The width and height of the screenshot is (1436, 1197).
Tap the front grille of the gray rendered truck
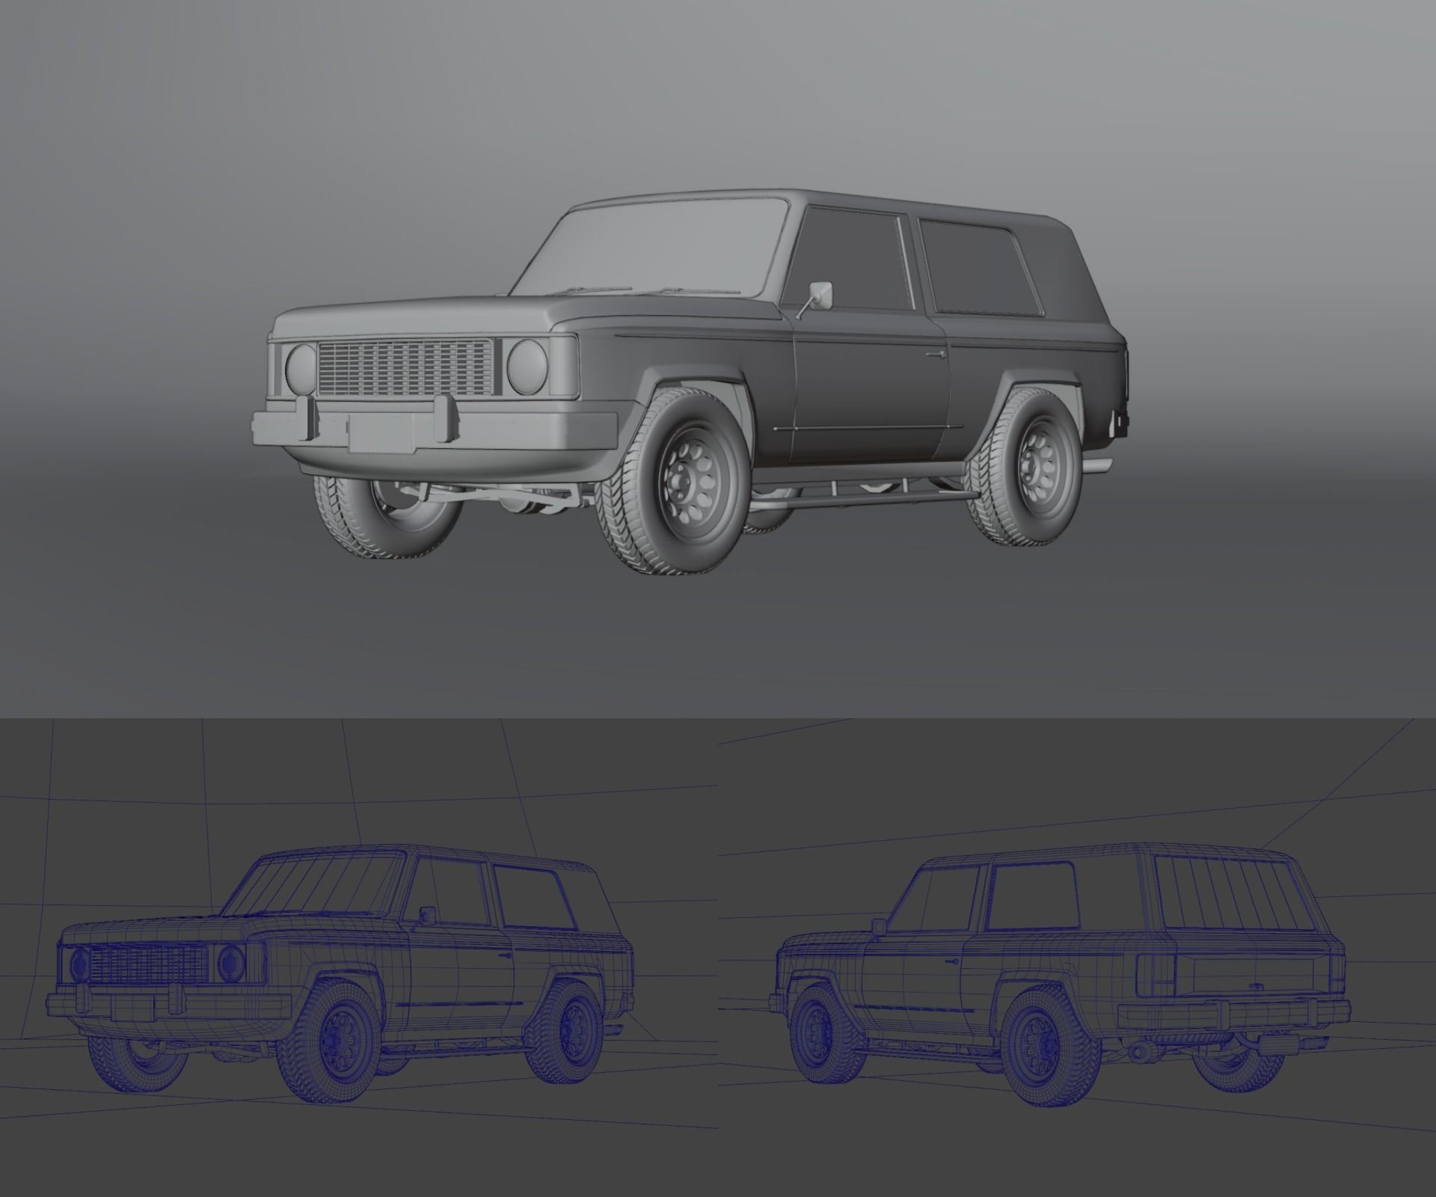click(x=404, y=367)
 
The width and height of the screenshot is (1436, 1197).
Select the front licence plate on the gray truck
click(x=381, y=432)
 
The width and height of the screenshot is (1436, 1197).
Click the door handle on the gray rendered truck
click(x=933, y=353)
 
